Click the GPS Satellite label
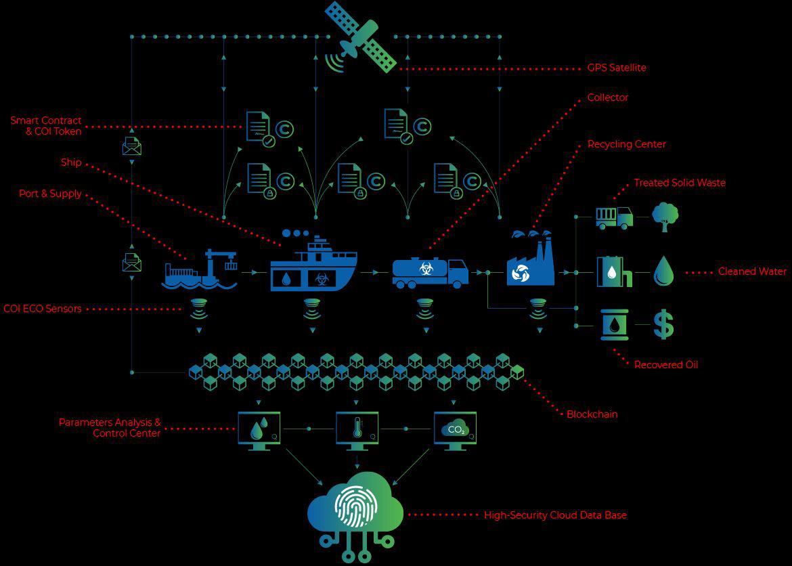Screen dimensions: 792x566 point(616,68)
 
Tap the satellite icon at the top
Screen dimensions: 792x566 point(359,37)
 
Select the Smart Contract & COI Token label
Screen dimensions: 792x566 point(46,126)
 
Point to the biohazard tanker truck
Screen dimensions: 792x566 point(431,273)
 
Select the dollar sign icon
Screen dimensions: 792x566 point(663,324)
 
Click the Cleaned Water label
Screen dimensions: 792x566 point(752,271)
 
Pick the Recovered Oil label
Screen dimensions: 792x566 point(665,365)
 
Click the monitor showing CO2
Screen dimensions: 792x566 point(455,431)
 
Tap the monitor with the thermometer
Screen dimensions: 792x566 point(357,431)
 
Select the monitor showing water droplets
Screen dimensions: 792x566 point(259,431)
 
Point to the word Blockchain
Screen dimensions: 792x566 point(592,414)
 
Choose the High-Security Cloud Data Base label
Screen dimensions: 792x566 point(555,515)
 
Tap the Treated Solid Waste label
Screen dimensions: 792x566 point(680,183)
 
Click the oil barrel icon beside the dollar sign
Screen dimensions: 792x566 point(615,324)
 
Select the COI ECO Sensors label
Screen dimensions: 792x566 point(43,309)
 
